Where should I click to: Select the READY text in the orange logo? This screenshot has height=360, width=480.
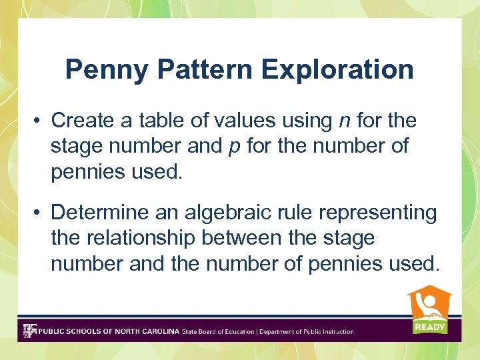click(429, 327)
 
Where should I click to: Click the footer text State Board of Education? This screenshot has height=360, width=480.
click(218, 331)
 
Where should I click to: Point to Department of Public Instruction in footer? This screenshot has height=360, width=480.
click(306, 331)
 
